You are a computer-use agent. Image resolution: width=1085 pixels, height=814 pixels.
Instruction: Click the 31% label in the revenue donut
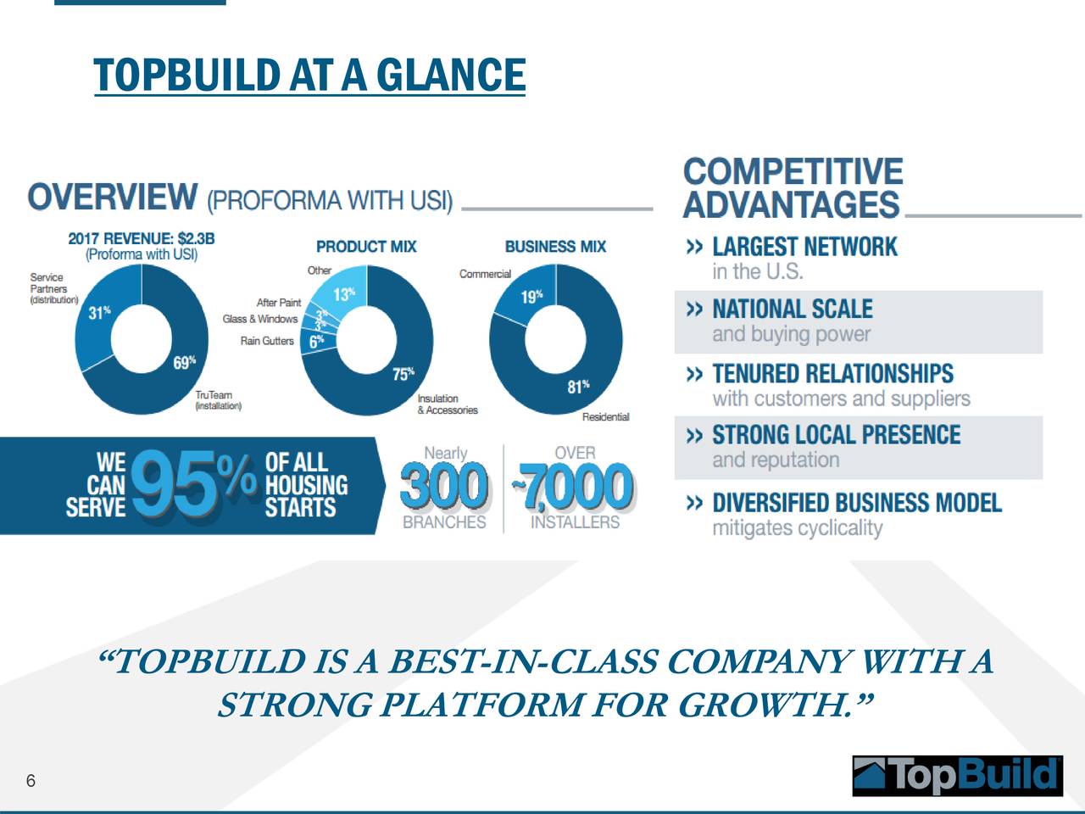click(99, 312)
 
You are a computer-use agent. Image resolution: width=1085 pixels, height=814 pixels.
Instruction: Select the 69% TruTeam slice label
click(185, 362)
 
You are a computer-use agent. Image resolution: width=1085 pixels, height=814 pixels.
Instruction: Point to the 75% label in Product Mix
click(403, 374)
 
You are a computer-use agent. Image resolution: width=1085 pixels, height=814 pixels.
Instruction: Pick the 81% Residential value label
click(578, 387)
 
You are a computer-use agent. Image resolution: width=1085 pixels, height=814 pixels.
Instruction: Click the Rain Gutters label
click(267, 341)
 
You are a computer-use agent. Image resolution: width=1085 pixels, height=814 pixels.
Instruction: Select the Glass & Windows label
click(260, 320)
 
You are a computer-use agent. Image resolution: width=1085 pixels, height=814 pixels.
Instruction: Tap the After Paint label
click(279, 303)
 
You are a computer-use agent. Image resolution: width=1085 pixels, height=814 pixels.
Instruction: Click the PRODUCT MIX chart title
click(366, 247)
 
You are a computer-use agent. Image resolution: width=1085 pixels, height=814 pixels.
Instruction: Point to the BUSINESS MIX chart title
click(555, 247)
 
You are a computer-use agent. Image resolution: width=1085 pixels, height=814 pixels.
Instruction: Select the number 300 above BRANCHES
click(444, 486)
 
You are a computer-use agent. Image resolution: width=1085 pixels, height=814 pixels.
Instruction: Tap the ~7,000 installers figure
click(573, 486)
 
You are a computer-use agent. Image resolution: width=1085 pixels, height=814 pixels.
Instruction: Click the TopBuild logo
click(958, 776)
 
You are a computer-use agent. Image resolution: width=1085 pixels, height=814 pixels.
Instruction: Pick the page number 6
click(31, 780)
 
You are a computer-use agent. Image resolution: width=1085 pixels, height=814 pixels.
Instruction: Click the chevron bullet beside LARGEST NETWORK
click(694, 247)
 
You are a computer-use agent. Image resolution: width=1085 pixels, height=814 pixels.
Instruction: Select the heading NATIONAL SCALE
click(793, 309)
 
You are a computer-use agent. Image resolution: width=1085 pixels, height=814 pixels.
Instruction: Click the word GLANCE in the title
click(451, 75)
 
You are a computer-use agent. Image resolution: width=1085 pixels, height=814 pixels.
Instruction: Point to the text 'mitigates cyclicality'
click(798, 528)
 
